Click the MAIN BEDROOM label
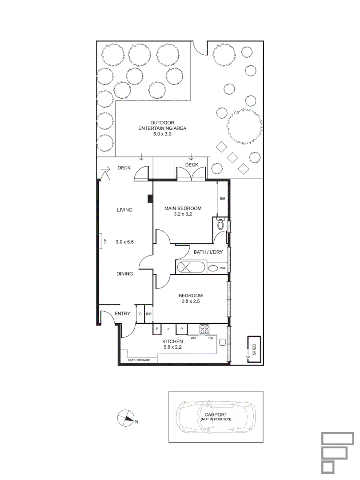tap(183, 208)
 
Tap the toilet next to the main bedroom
tap(220, 224)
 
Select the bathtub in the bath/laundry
tap(191, 267)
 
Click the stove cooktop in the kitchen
tap(204, 329)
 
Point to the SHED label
tap(254, 349)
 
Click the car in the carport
tap(216, 417)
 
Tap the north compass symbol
tap(126, 418)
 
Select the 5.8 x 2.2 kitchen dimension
tap(172, 347)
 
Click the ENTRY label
tap(123, 313)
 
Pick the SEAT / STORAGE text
tap(139, 360)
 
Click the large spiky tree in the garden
tap(244, 126)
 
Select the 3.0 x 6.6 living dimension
tap(124, 242)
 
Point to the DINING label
tap(124, 274)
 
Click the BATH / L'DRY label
tap(208, 252)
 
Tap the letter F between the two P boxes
tap(168, 329)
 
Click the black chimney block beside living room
tap(150, 199)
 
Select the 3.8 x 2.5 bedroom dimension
tap(190, 301)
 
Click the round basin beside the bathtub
tap(213, 268)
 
